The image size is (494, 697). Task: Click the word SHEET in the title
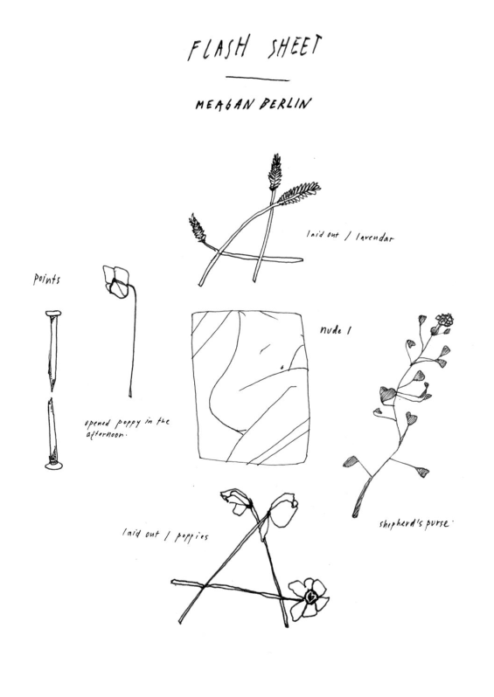(x=294, y=46)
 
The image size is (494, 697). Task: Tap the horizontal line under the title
(x=257, y=79)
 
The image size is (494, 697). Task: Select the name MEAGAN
(x=225, y=105)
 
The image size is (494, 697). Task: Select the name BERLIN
(x=284, y=104)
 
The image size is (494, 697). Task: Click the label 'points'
(x=46, y=279)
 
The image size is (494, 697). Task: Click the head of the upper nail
(x=53, y=314)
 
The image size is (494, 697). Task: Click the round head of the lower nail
(x=53, y=466)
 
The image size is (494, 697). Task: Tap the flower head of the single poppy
(x=115, y=281)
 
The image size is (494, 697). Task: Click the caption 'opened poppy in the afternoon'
(x=128, y=427)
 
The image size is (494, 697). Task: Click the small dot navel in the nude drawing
(x=282, y=367)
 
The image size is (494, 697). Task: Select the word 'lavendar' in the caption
(x=375, y=238)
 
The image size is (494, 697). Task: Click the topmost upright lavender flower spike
(x=275, y=170)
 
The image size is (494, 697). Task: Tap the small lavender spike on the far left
(x=198, y=228)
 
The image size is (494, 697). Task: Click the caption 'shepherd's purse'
(x=414, y=524)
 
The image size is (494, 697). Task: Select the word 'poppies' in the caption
(x=191, y=537)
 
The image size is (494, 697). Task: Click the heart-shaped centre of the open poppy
(x=311, y=597)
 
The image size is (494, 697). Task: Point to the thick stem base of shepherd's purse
(x=362, y=497)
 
